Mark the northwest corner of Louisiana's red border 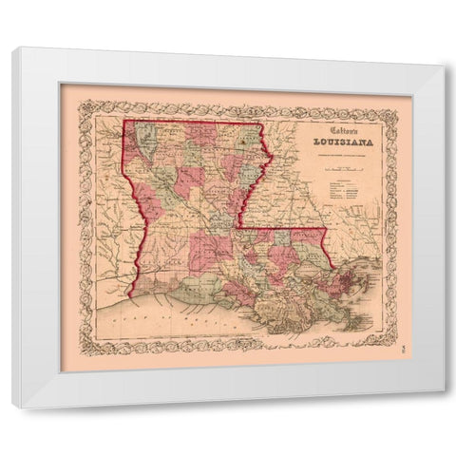[124, 121]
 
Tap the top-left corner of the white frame [13, 48]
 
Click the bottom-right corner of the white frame [443, 408]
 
